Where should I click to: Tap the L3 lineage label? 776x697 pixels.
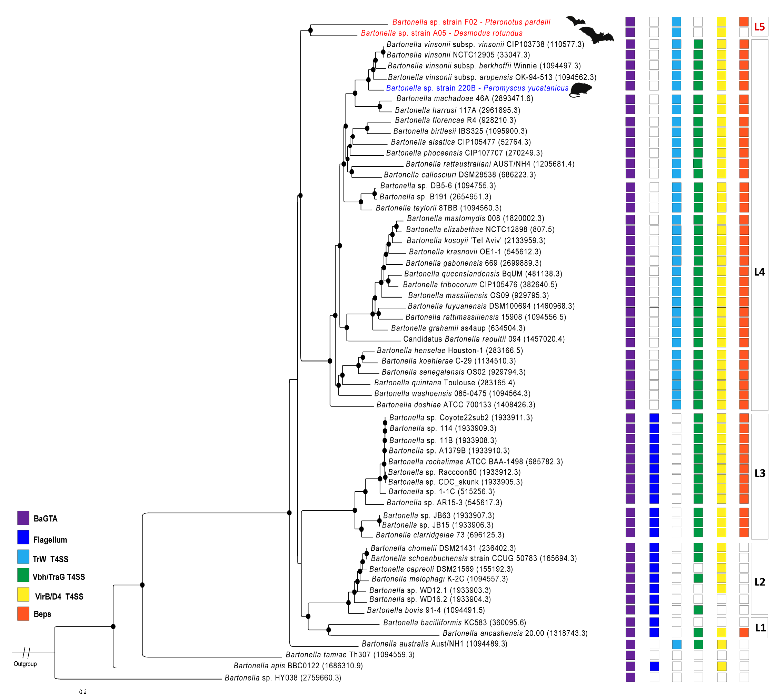click(759, 473)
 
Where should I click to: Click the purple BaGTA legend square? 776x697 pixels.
click(23, 518)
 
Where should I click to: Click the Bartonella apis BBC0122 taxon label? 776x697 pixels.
click(298, 666)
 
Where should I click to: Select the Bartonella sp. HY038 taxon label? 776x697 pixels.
click(283, 678)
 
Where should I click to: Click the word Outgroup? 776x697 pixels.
click(25, 664)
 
